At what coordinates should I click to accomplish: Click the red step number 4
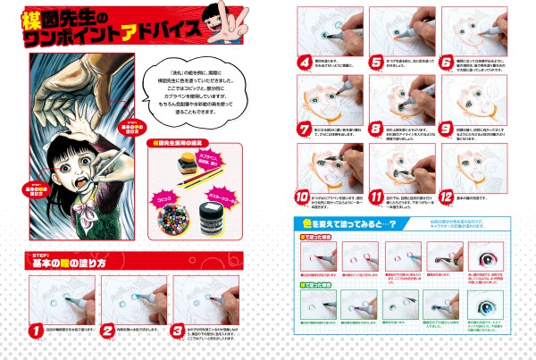tap(304, 63)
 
